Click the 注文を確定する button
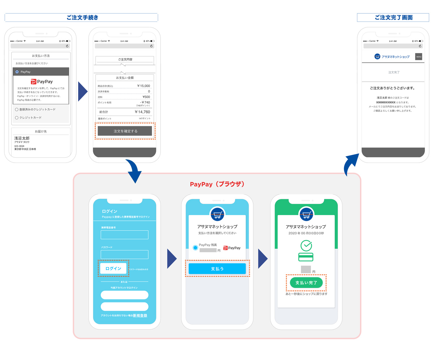125,131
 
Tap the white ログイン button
113,269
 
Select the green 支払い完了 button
306,283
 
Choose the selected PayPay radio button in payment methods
17,72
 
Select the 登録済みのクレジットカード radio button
17,109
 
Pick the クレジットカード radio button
17,117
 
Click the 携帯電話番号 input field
124,235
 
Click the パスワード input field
124,254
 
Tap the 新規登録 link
140,316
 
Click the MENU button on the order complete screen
418,57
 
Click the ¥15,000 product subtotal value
143,86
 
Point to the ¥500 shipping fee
146,97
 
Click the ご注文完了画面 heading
393,17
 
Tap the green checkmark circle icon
306,245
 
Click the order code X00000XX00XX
386,102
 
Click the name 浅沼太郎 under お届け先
22,138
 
